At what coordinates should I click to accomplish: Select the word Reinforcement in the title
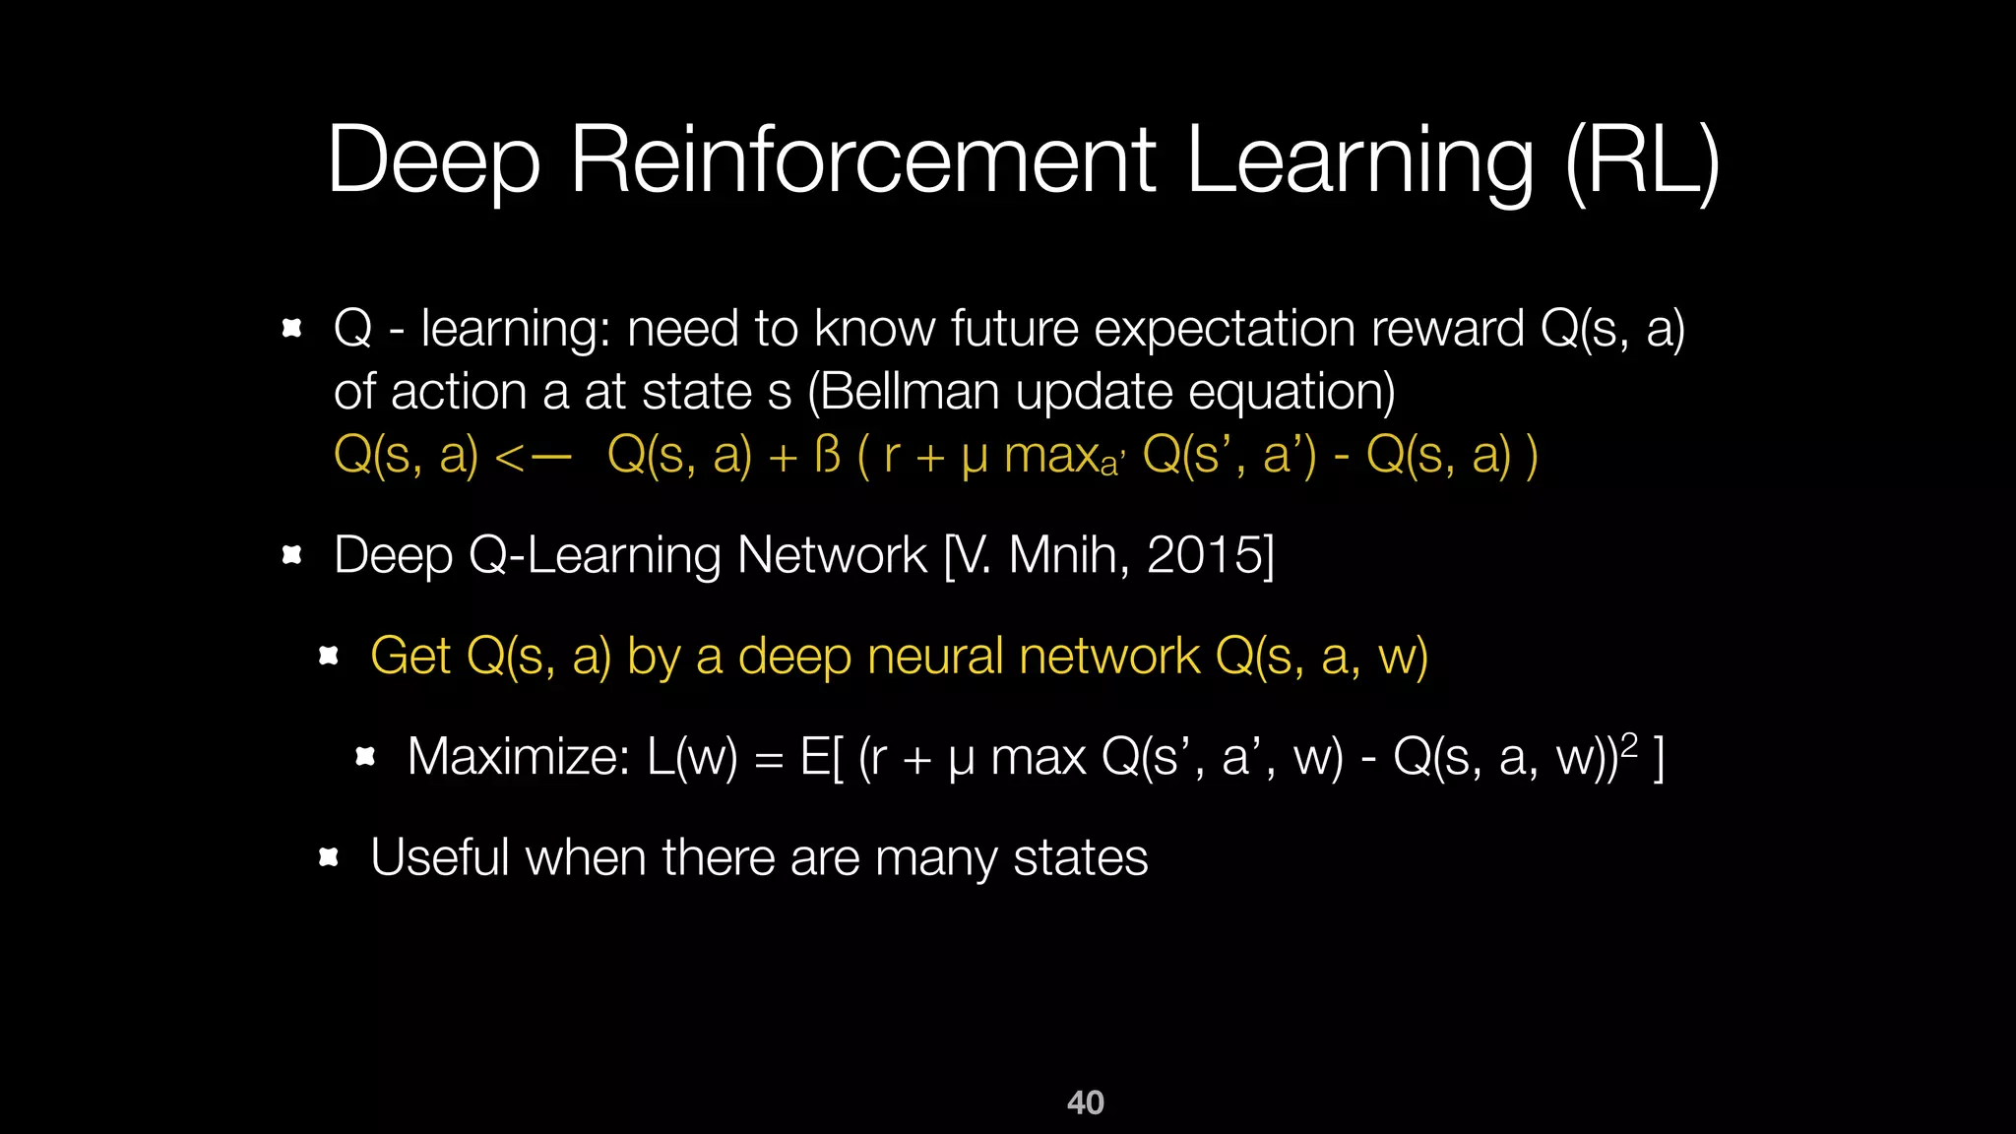click(x=862, y=159)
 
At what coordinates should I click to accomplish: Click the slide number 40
click(x=1085, y=1102)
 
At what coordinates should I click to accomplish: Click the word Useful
click(x=440, y=857)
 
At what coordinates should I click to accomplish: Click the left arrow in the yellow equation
click(x=532, y=457)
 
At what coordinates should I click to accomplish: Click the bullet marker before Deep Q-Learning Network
click(x=291, y=555)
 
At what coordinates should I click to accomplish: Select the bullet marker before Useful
click(x=329, y=857)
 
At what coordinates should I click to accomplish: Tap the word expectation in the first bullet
click(x=1225, y=330)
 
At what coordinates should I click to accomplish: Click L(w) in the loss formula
click(x=692, y=757)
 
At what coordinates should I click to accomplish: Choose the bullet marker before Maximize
click(x=365, y=757)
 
